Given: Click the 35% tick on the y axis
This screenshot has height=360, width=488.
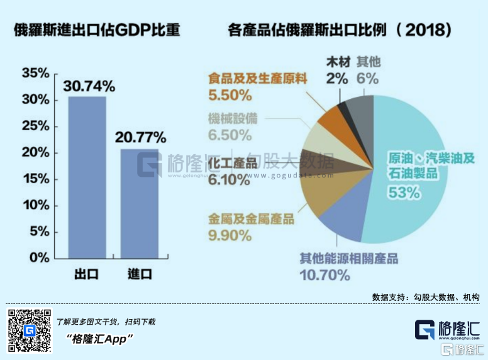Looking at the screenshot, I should [x=35, y=73].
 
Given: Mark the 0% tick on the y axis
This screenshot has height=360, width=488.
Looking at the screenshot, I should [x=38, y=257].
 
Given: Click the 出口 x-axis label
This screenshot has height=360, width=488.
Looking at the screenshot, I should [x=87, y=274].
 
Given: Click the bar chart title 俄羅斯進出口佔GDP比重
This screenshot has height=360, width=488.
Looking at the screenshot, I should [x=97, y=29].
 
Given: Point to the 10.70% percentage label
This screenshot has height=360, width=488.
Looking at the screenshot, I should [x=324, y=275].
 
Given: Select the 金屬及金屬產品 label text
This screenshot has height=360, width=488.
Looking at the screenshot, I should [x=251, y=219].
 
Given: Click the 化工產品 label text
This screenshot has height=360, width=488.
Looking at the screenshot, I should [x=232, y=164].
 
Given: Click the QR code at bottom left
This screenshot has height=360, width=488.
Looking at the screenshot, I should [x=29, y=330].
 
